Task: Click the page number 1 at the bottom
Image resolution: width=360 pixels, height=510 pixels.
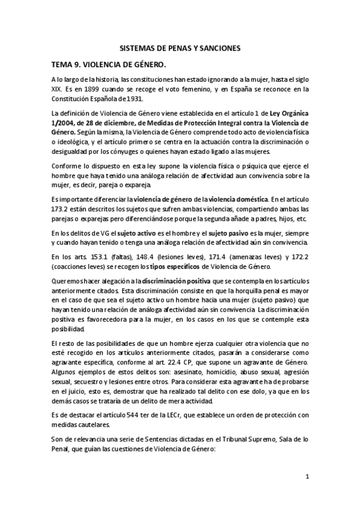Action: coord(307,478)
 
